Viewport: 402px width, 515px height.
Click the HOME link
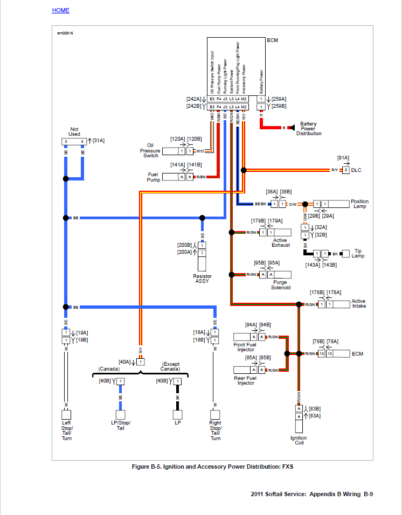[x=60, y=10]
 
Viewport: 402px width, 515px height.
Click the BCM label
[x=272, y=40]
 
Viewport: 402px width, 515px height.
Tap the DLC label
[x=356, y=170]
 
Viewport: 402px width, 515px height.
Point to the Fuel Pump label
[x=154, y=177]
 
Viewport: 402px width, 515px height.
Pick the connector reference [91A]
[x=343, y=158]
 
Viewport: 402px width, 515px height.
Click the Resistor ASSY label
[x=202, y=279]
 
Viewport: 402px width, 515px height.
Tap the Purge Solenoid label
[x=280, y=285]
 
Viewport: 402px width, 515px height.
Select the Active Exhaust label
[x=280, y=242]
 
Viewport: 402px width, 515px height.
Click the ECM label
[x=357, y=354]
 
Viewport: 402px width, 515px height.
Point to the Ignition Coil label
[x=299, y=441]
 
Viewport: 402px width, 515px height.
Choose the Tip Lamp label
[x=358, y=253]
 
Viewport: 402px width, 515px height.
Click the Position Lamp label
[x=359, y=204]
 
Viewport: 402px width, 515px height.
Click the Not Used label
[x=74, y=131]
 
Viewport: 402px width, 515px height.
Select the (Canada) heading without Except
[x=109, y=369]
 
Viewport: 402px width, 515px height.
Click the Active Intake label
[x=358, y=304]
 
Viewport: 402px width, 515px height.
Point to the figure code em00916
[x=65, y=33]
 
